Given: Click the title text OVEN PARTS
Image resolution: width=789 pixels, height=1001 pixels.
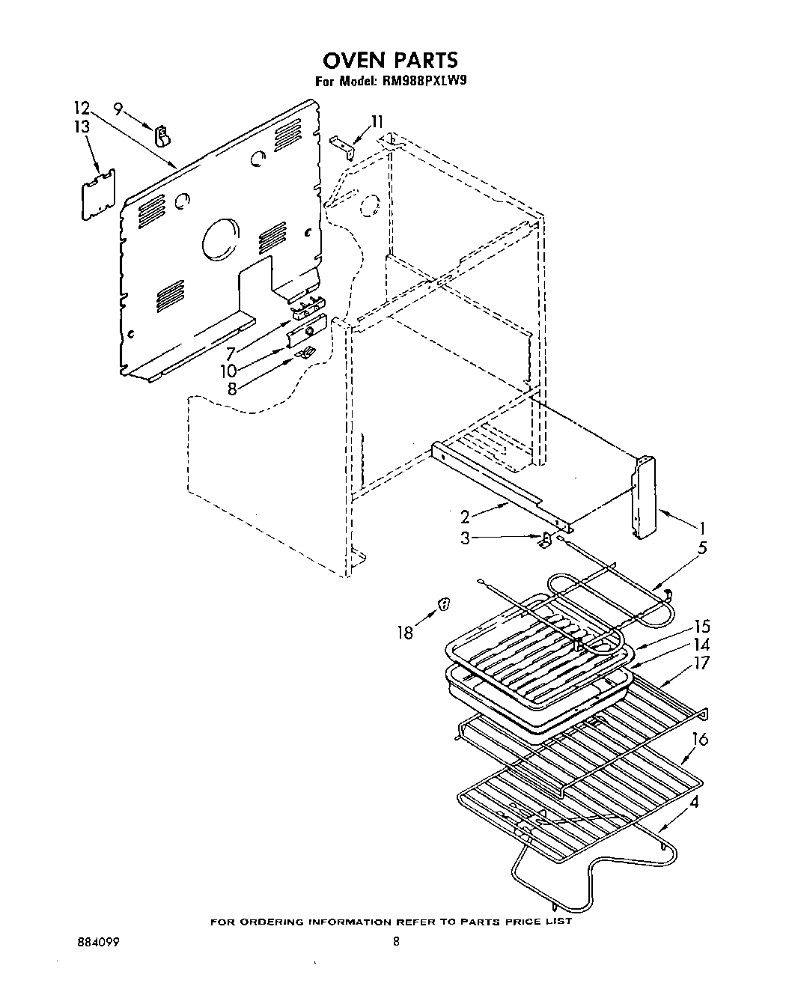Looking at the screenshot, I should coord(390,59).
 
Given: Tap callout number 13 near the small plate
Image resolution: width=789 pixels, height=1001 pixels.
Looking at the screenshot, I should coord(82,127).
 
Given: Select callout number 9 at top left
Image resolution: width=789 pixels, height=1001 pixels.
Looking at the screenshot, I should coord(118,109).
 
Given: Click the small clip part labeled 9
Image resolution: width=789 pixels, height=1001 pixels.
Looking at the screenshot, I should coord(161,136).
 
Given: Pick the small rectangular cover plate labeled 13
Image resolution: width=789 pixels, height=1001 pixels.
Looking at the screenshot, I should coord(98,195).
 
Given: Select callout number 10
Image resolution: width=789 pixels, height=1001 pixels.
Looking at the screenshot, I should coord(229,370).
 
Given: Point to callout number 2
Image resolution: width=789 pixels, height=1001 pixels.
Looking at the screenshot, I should coord(465,516).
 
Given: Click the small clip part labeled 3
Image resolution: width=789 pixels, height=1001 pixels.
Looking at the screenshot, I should coord(547,539).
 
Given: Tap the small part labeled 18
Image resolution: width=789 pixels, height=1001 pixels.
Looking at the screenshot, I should coord(443,603).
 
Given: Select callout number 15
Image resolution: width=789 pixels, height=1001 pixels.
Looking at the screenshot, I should coord(701,627).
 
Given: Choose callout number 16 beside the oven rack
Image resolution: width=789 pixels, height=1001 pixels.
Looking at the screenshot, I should coord(699,740).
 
